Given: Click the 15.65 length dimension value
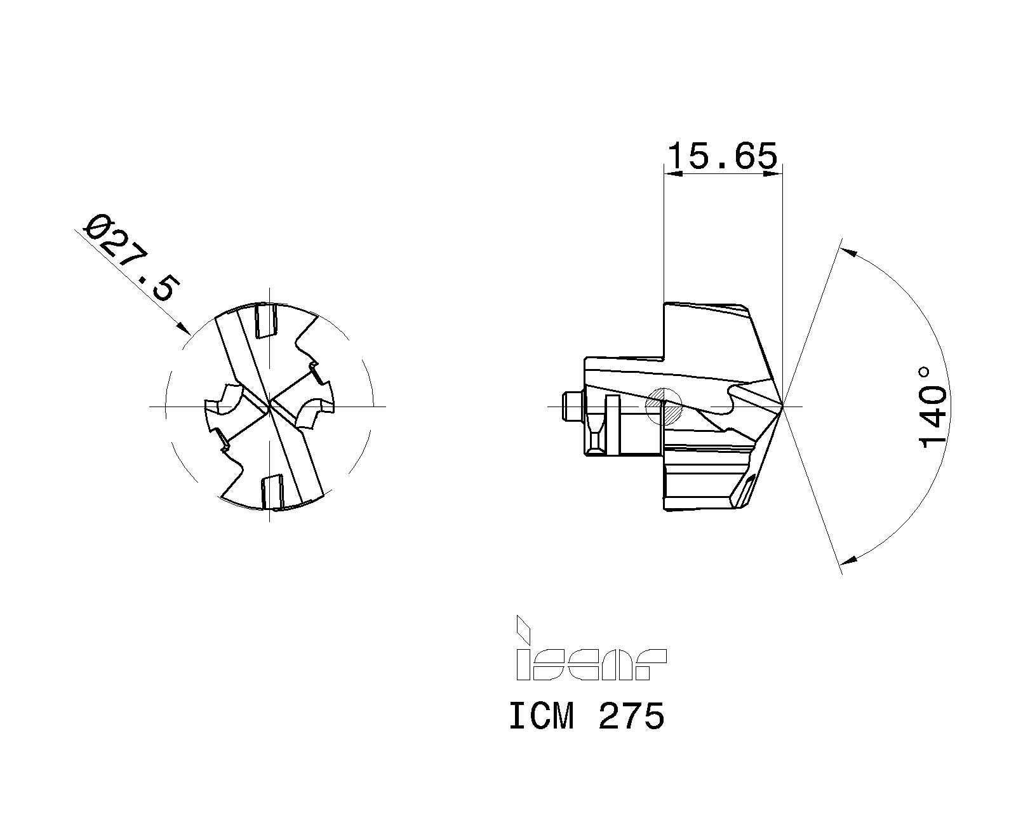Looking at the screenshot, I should tap(723, 156).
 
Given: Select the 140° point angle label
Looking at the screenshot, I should tap(933, 406).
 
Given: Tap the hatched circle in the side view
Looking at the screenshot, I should tap(663, 406).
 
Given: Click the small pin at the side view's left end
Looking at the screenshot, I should tap(572, 406).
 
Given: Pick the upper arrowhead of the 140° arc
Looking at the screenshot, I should tap(849, 252).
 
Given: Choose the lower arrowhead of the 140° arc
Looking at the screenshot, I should tap(849, 560).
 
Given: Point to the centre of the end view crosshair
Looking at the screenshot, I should tap(270, 406).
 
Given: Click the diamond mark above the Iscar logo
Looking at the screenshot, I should tap(523, 629).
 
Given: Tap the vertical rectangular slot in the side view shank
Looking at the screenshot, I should tap(613, 424).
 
